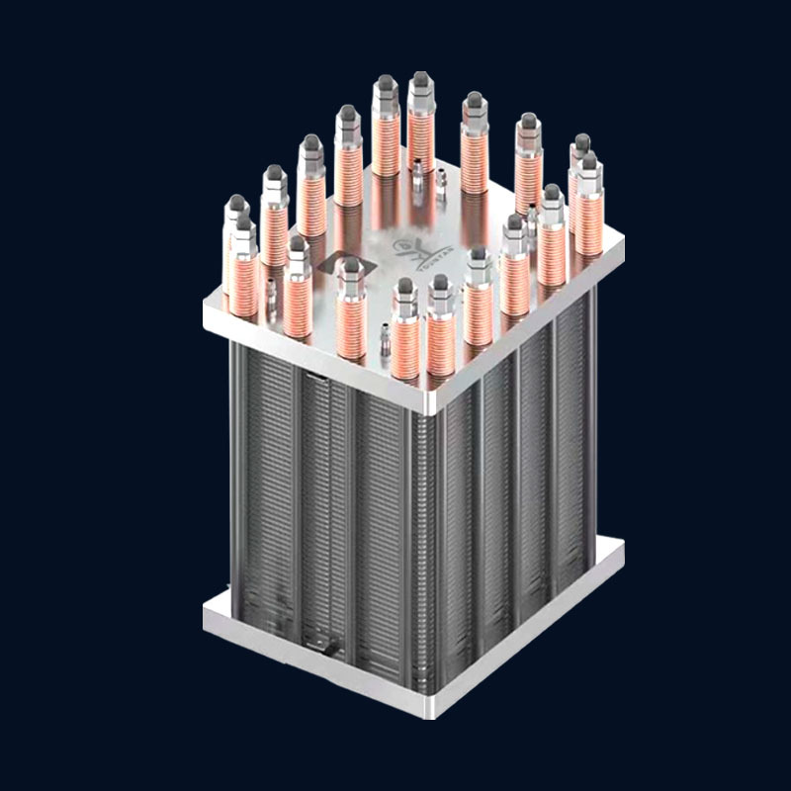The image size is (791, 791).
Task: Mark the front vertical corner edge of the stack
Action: pyautogui.click(x=430, y=544)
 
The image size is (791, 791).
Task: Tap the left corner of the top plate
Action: pyautogui.click(x=204, y=316)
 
